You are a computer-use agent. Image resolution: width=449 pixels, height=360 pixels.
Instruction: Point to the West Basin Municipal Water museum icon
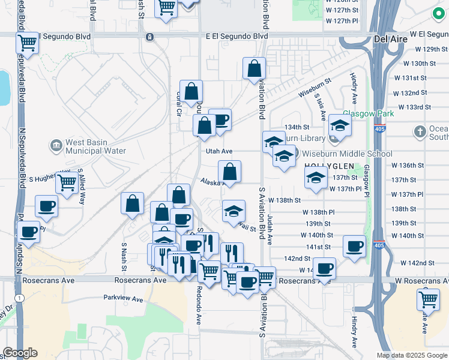coord(56,145)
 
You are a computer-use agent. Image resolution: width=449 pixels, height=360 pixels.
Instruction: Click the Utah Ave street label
coord(219,152)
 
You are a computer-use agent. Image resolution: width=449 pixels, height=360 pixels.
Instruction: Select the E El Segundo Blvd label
coord(237,36)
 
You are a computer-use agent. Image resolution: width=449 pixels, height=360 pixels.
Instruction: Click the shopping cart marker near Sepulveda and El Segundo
coord(27,43)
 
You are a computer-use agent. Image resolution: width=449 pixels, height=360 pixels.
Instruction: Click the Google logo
coord(20,353)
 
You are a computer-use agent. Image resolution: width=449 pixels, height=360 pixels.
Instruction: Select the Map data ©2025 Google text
coord(412,355)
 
